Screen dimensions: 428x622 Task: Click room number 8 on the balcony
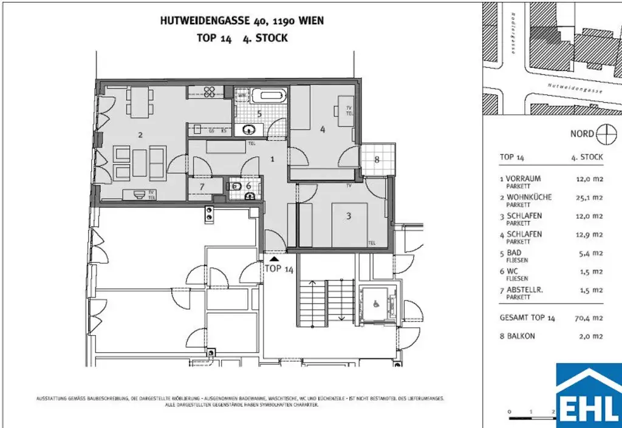[377, 160]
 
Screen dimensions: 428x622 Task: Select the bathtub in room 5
[268, 95]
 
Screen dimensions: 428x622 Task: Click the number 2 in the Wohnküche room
[140, 135]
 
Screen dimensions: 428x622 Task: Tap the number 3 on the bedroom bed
[349, 215]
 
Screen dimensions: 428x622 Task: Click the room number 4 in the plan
[323, 129]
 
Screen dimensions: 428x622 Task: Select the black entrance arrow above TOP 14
[274, 258]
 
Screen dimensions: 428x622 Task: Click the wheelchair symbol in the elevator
[375, 299]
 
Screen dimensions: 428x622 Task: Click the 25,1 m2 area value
[589, 197]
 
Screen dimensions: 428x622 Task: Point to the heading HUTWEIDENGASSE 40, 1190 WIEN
[242, 21]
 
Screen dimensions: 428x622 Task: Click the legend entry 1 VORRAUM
[520, 178]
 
